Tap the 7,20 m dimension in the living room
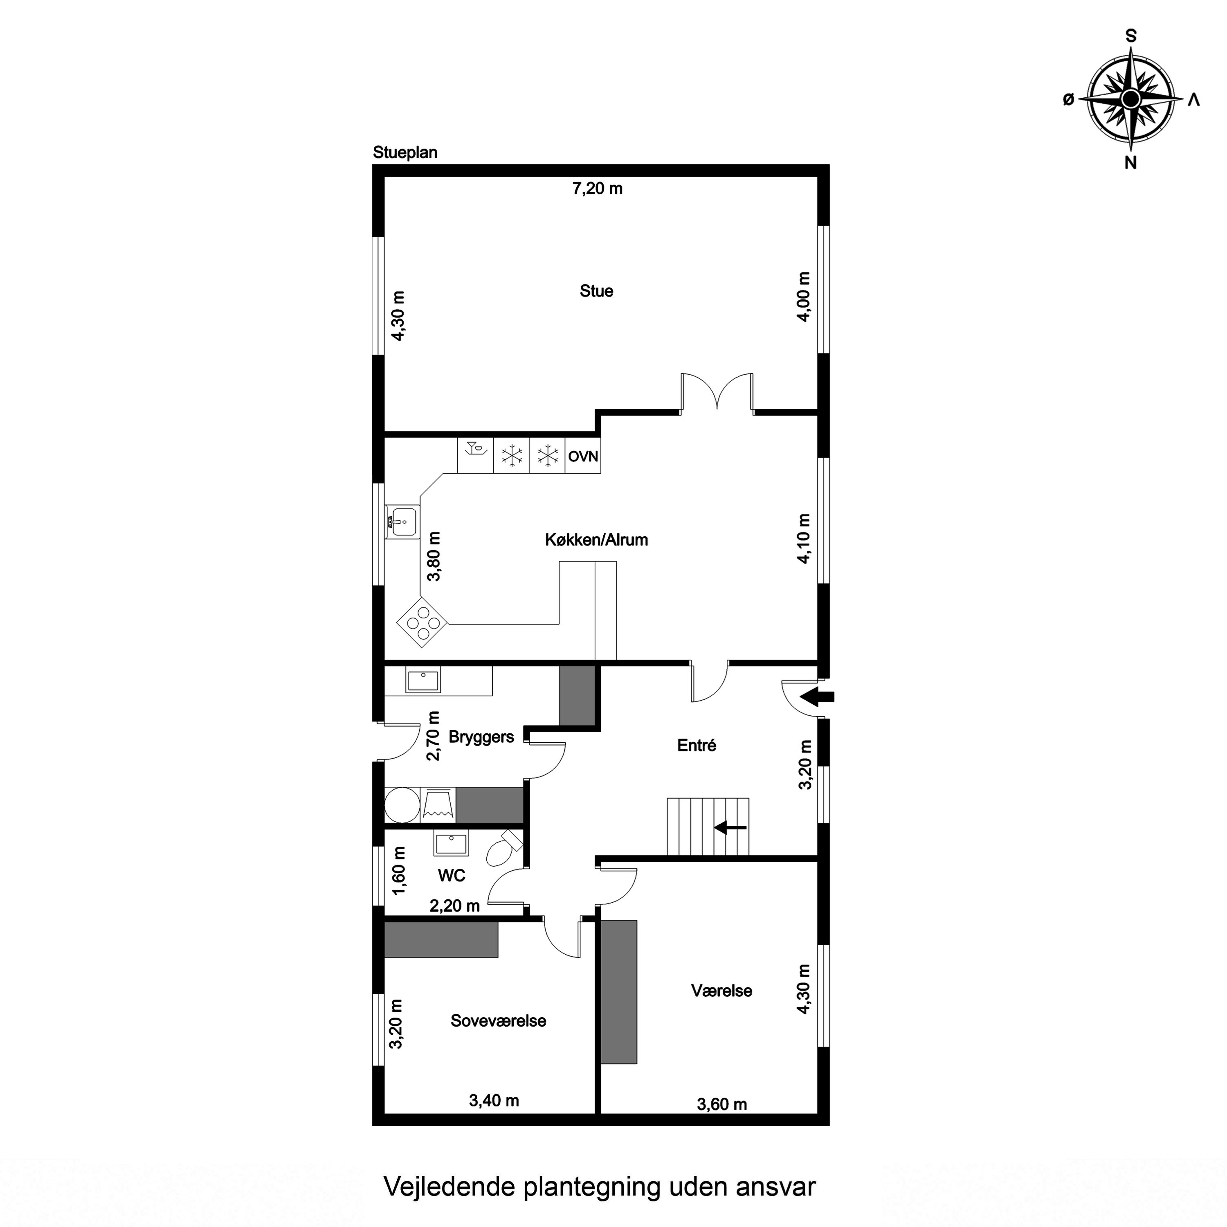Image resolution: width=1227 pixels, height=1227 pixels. coord(598,189)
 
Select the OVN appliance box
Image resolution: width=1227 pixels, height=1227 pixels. coord(583,456)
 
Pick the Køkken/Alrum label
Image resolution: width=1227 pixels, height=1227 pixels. coord(596,540)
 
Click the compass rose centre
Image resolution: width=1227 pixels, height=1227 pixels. coord(1130,99)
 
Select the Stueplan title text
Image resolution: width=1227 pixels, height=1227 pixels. coord(405,153)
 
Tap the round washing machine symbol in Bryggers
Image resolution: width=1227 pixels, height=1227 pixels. coord(402,805)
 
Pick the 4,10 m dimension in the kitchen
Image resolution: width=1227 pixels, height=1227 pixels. coord(804,539)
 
